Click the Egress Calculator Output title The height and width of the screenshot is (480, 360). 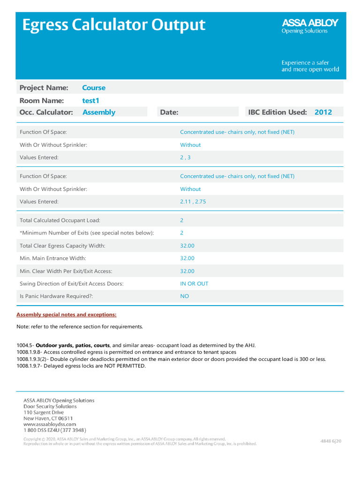(114, 25)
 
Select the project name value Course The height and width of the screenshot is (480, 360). (94, 88)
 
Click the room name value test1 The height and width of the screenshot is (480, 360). (91, 100)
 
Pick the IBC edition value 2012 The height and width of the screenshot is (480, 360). (323, 112)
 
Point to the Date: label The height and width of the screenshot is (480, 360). (169, 112)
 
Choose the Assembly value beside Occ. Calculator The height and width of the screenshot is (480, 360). (98, 112)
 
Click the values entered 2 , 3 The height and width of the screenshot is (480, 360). (185, 157)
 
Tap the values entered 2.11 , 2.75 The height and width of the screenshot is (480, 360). (193, 202)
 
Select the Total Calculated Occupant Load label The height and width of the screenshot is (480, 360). (60, 220)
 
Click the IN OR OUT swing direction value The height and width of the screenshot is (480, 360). (194, 284)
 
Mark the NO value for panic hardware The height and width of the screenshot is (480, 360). (185, 296)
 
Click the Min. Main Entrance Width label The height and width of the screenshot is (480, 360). (53, 258)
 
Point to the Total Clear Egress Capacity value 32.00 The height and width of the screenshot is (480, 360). (187, 245)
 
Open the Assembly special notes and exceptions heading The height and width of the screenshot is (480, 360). (67, 315)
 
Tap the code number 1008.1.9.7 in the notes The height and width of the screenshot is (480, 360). (29, 366)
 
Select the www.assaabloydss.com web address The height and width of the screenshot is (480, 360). (50, 424)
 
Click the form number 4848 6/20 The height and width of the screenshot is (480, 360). (330, 441)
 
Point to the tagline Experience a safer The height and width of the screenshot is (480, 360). (305, 62)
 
